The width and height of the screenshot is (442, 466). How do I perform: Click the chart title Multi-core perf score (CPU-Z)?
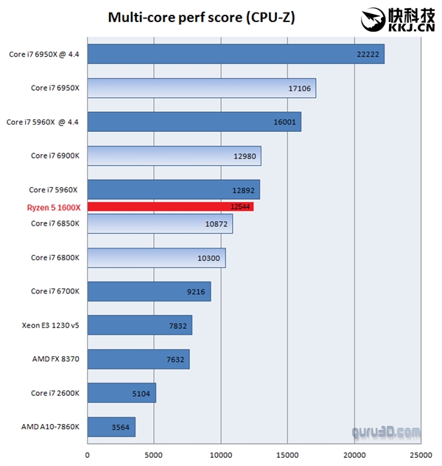click(201, 17)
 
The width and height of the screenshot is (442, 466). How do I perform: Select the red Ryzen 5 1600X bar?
click(170, 207)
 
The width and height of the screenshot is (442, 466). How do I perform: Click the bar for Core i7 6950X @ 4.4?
click(236, 54)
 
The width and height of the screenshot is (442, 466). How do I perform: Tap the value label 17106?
click(299, 88)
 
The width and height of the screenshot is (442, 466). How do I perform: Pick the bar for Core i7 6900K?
click(174, 156)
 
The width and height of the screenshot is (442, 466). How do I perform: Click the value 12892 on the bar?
click(244, 189)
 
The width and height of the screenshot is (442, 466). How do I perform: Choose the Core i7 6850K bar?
click(160, 223)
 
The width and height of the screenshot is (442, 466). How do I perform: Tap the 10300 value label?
click(209, 257)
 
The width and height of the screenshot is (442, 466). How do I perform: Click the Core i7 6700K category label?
click(55, 291)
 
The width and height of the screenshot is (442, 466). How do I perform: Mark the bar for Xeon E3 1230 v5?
click(139, 325)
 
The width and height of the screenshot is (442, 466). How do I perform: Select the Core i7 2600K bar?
click(122, 393)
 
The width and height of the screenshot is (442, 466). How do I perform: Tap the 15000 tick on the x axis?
click(287, 454)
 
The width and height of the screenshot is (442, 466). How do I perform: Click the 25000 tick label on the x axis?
click(421, 454)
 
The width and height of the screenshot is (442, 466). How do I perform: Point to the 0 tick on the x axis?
click(88, 454)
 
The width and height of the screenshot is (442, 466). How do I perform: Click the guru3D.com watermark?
click(387, 431)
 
